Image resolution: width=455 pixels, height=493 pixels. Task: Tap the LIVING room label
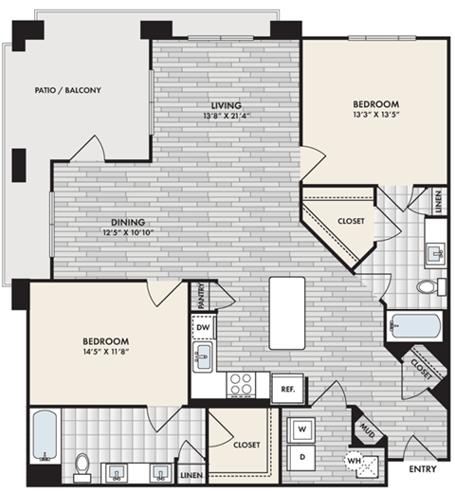pos(225,104)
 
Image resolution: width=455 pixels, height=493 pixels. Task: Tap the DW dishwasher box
pos(203,328)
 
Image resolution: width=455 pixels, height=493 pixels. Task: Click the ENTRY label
pos(420,469)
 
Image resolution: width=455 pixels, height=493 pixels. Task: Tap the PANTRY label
pos(202,296)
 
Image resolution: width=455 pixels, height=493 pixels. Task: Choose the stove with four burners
pos(241,383)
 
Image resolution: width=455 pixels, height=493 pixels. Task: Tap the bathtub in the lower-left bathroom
pos(44,435)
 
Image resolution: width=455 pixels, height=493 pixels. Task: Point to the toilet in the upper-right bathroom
pos(427,285)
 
